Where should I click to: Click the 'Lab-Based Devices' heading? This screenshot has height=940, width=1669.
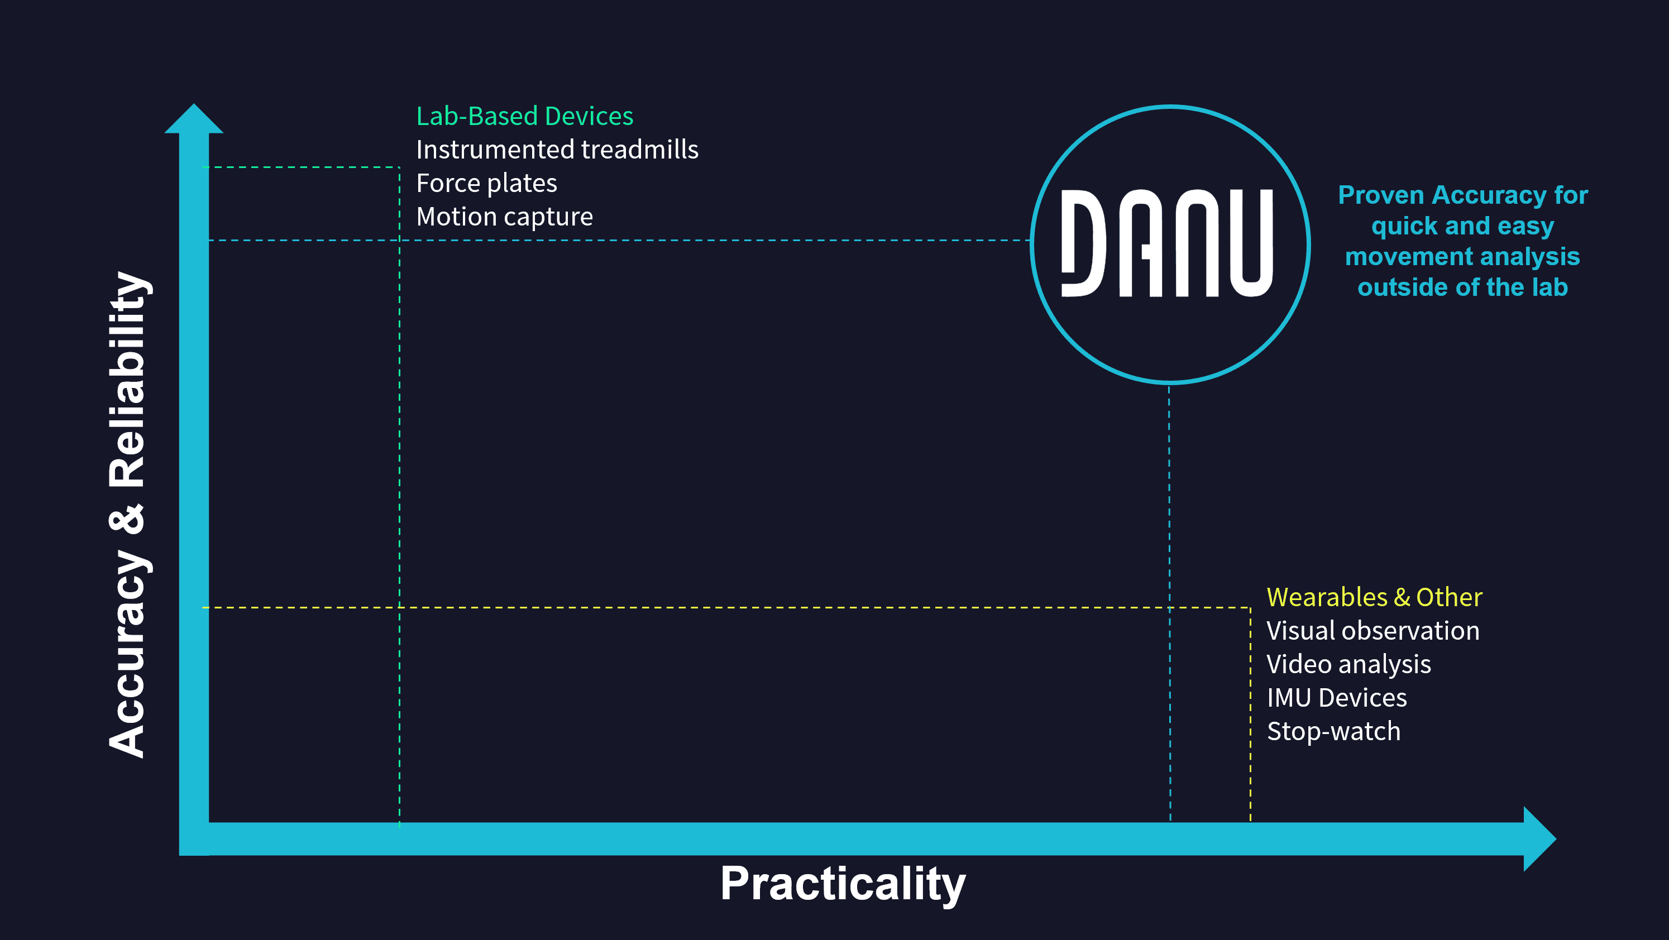click(x=524, y=117)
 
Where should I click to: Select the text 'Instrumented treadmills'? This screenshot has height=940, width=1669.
click(x=557, y=150)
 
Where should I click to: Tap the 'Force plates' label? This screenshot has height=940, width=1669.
click(x=486, y=183)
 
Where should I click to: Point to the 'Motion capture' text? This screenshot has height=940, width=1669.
click(x=504, y=217)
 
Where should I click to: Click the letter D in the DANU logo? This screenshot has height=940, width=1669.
click(x=1083, y=243)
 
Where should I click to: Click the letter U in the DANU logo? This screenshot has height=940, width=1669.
click(x=1250, y=243)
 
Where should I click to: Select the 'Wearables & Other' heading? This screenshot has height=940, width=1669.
click(x=1374, y=597)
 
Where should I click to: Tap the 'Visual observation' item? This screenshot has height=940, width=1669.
click(x=1373, y=630)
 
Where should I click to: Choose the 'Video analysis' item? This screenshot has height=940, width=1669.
click(x=1348, y=664)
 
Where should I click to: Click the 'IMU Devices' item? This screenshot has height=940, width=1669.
click(x=1337, y=698)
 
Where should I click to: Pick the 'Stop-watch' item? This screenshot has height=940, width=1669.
click(x=1333, y=731)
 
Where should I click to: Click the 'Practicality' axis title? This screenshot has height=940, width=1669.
click(x=843, y=884)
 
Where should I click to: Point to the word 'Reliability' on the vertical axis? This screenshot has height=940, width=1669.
click(x=128, y=380)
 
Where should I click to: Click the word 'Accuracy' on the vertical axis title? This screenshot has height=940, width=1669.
click(x=128, y=653)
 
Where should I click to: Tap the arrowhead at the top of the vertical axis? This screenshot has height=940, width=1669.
click(x=194, y=120)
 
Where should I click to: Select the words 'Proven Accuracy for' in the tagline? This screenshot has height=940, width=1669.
click(x=1463, y=195)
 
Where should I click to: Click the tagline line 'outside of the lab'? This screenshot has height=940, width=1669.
click(x=1462, y=287)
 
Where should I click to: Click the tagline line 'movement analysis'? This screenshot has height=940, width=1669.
click(x=1462, y=257)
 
